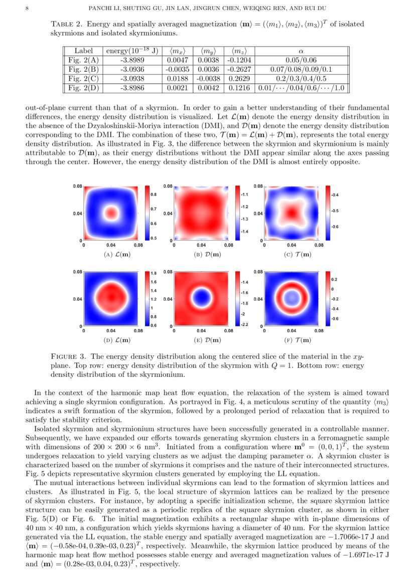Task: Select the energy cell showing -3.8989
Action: tap(133, 60)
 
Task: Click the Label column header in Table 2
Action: tap(84, 51)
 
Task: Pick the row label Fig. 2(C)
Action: tap(84, 78)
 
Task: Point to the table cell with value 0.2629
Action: tap(241, 78)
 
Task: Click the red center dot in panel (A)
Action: tap(110, 213)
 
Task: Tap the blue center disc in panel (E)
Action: tap(201, 299)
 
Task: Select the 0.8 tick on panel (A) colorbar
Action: tap(154, 194)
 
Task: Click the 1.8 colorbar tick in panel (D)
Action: tap(154, 273)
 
